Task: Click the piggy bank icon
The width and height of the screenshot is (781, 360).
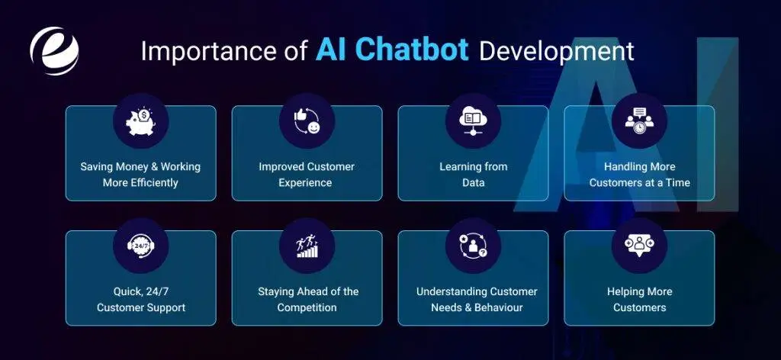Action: point(140,121)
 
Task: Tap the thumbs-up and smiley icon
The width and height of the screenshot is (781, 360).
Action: point(307,121)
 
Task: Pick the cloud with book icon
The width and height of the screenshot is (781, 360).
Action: point(473,121)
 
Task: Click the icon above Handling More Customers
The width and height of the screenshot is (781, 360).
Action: point(639,121)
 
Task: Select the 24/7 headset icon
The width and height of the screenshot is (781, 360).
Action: point(140,246)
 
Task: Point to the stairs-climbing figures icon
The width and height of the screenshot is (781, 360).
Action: point(307,246)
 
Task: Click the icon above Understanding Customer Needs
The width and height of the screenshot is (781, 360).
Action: point(473,246)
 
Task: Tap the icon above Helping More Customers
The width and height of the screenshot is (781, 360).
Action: point(639,246)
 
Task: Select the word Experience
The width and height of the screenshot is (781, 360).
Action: point(306,183)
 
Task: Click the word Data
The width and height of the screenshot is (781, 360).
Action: point(473,183)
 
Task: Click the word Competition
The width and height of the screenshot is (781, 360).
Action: point(306,308)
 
